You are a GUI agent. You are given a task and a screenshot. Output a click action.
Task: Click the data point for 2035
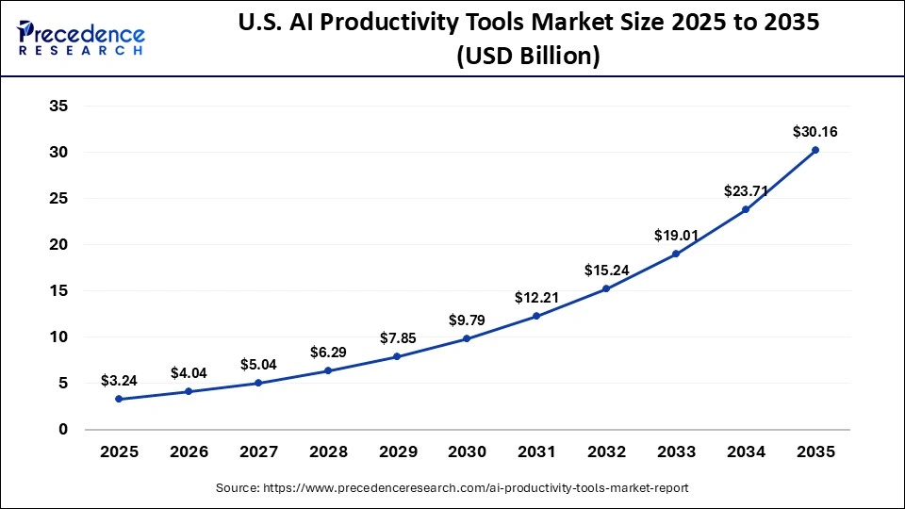click(x=814, y=150)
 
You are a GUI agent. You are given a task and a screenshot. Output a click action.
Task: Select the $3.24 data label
click(x=119, y=381)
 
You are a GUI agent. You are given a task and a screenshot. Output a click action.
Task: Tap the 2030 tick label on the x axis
click(x=467, y=453)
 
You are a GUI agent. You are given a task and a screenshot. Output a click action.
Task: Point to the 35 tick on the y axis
click(x=58, y=107)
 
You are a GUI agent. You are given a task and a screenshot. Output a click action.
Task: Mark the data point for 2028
click(x=327, y=370)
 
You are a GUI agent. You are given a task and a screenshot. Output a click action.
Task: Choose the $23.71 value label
click(x=745, y=190)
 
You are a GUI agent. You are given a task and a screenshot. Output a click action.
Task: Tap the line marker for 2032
click(x=605, y=288)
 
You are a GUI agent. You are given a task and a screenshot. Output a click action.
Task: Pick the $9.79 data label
click(x=467, y=320)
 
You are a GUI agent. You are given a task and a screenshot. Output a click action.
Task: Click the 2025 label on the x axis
click(x=119, y=453)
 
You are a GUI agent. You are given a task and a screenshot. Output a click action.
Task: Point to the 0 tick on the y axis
click(x=63, y=430)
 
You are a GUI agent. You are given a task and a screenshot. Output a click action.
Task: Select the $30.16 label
click(x=814, y=132)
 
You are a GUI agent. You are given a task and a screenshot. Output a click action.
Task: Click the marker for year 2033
click(x=675, y=254)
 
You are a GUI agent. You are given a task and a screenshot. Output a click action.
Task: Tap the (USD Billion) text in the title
click(x=528, y=58)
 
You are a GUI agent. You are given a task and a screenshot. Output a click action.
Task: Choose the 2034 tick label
click(x=745, y=453)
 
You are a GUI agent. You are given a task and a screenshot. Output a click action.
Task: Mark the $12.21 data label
click(x=535, y=298)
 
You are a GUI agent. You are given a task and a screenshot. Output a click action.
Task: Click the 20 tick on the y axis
click(x=58, y=245)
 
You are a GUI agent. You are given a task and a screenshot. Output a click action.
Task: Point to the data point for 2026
click(x=189, y=391)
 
